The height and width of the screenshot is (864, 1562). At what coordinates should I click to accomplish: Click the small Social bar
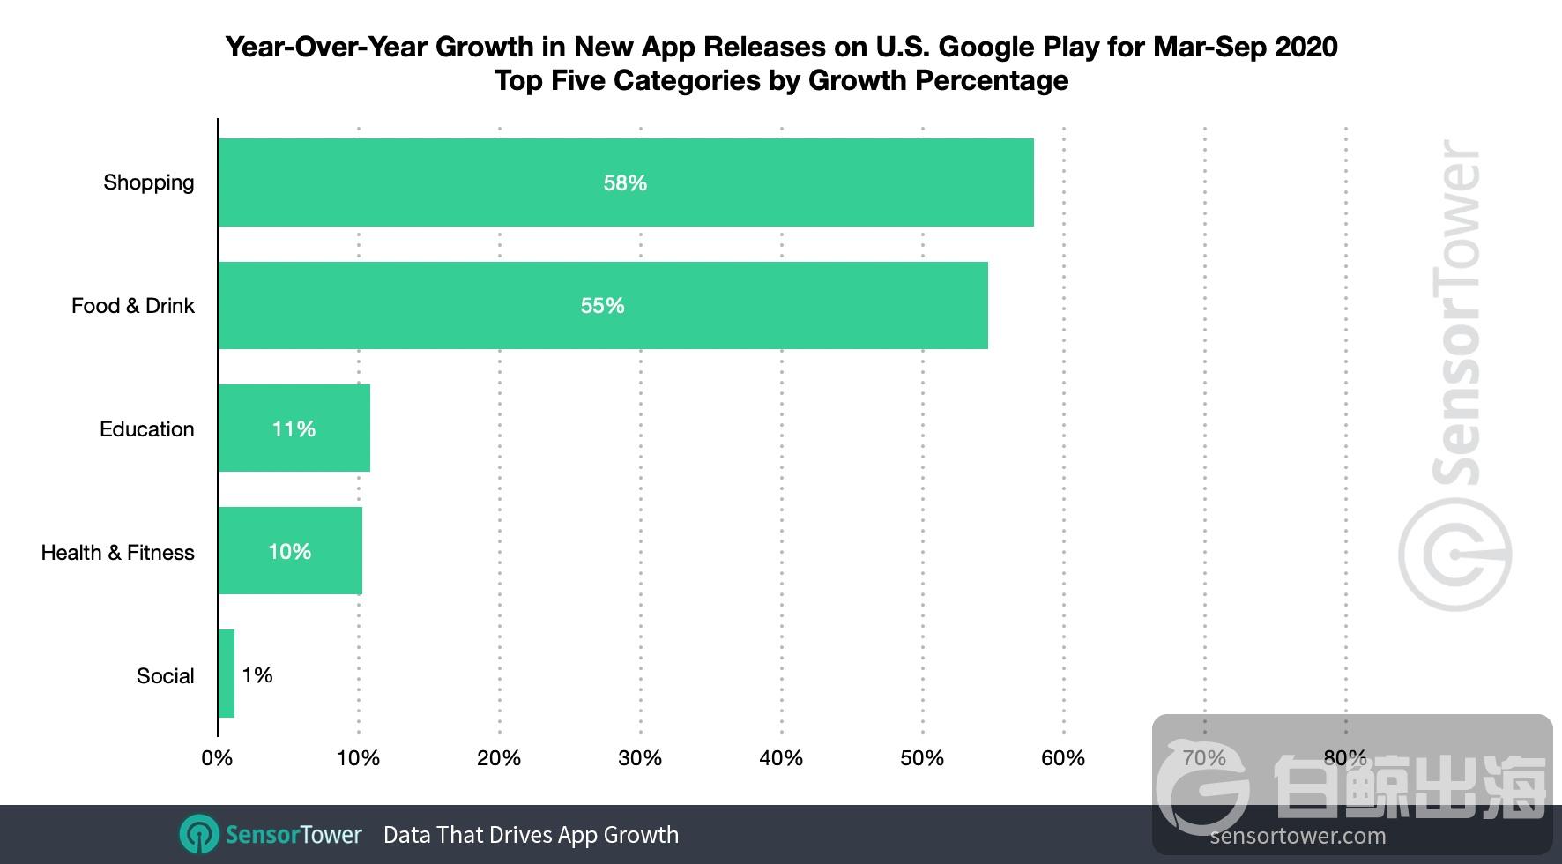click(x=227, y=674)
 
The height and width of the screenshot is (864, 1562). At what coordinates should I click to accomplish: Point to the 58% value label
click(x=625, y=182)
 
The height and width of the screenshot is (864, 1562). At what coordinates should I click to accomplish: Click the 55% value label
click(x=602, y=305)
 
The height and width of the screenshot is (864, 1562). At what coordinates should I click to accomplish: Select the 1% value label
click(x=257, y=675)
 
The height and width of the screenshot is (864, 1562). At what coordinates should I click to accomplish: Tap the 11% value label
click(x=294, y=428)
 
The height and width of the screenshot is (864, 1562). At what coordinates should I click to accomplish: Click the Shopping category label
click(x=148, y=182)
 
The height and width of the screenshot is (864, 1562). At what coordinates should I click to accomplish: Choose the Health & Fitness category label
click(x=117, y=553)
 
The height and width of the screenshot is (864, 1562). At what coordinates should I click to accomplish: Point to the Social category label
click(x=165, y=676)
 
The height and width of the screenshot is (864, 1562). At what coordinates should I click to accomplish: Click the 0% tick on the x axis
click(x=217, y=758)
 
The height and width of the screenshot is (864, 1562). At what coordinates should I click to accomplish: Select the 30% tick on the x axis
click(x=640, y=758)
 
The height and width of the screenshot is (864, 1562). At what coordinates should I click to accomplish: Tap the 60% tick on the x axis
click(x=1063, y=758)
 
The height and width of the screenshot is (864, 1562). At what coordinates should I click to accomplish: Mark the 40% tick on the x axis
click(x=781, y=758)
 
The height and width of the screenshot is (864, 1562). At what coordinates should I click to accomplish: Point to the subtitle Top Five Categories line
click(x=781, y=80)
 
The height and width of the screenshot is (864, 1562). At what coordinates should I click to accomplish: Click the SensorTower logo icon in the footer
click(x=199, y=835)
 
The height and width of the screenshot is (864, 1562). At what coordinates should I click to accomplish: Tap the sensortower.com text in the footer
click(x=1298, y=836)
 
